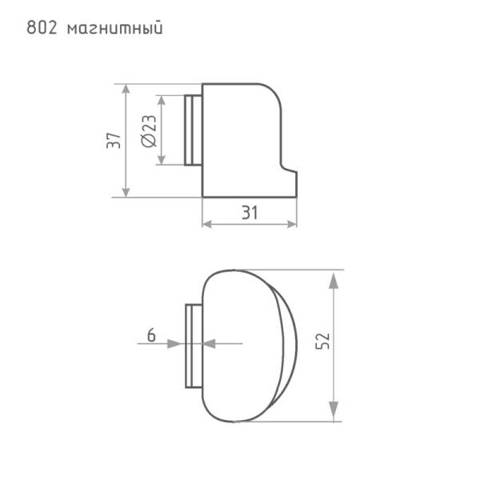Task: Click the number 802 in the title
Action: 42,27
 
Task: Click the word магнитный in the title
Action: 114,29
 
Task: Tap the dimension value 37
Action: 114,141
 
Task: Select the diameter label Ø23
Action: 149,131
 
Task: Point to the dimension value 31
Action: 250,213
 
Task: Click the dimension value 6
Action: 151,335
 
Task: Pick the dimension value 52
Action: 322,341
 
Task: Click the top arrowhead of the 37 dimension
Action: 126,90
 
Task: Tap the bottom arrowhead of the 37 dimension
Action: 126,192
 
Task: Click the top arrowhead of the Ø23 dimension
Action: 162,101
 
